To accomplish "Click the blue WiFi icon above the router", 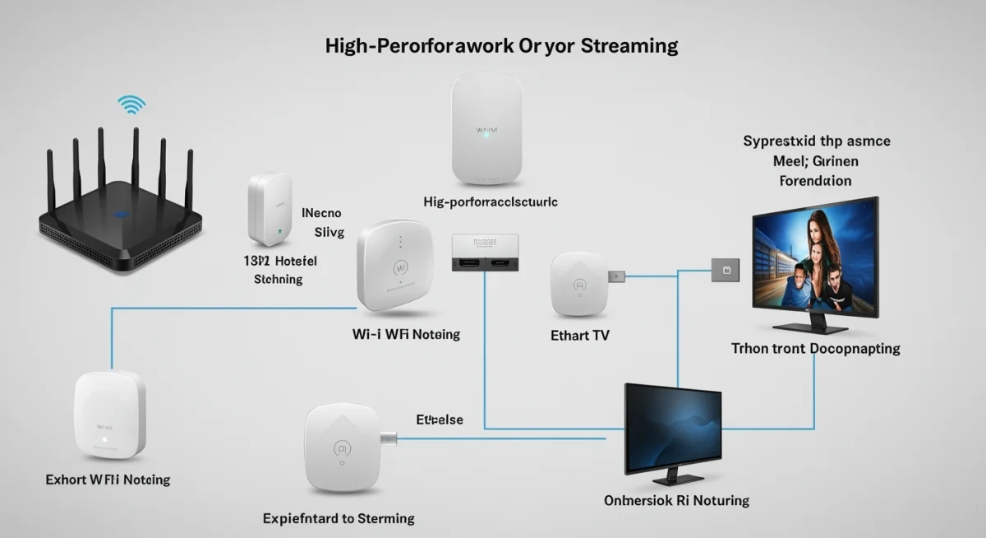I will point(131,104).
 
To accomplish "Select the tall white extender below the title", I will point(487,129).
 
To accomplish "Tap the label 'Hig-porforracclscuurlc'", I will point(491,202).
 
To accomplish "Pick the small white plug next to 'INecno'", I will point(270,209).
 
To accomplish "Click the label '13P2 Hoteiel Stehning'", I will point(280,269).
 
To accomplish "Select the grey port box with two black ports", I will point(486,253).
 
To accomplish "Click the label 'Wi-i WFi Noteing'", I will point(406,334).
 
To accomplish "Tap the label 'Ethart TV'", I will point(580,336).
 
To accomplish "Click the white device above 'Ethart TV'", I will point(581,285).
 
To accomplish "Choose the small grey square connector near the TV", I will point(725,269).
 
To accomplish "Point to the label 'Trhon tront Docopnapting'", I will point(815,349).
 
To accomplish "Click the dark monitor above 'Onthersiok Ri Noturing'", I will point(673,429).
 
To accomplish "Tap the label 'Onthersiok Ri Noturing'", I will point(676,500).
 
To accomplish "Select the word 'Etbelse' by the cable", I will point(440,420).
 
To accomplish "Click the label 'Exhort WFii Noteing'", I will point(108,479).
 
